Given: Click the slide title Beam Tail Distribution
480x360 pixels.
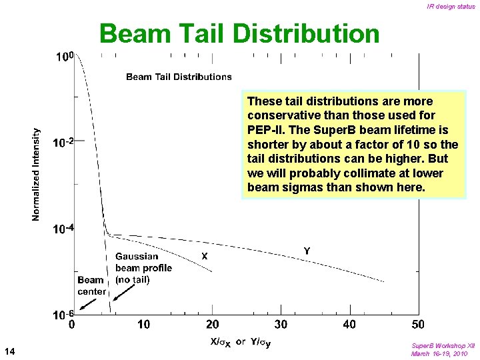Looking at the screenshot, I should tap(239, 34).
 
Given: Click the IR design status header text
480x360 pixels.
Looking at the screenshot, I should tap(451, 7).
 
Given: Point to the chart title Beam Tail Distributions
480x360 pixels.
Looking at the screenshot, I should tap(179, 77).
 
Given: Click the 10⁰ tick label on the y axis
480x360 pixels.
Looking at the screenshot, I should tap(64, 57).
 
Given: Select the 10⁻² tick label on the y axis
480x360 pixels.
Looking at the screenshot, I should tap(63, 142).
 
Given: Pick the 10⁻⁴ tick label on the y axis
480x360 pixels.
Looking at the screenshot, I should tap(63, 229).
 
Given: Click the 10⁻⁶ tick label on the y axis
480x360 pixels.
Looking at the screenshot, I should tap(63, 314).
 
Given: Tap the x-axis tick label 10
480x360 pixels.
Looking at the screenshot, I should tap(143, 325).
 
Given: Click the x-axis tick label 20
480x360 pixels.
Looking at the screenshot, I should tap(212, 325).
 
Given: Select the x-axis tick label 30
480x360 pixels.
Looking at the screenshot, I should tap(281, 325).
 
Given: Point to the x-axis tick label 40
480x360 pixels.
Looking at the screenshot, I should tap(350, 325).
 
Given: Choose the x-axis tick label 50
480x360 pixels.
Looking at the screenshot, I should tap(418, 325).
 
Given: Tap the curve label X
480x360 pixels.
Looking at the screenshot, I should tap(205, 255).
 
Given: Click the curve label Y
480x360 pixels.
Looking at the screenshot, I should tap(306, 251).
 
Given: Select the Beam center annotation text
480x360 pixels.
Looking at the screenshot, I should tap(91, 286).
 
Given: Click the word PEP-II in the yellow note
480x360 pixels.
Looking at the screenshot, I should tap(267, 130).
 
